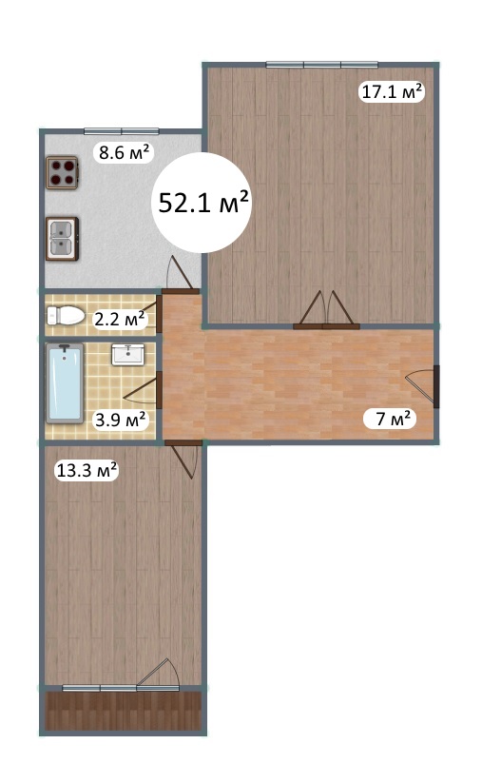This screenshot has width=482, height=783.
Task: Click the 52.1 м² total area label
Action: pyautogui.click(x=203, y=202)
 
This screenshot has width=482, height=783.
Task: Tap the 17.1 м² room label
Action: pyautogui.click(x=392, y=91)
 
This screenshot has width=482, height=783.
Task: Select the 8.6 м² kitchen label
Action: pyautogui.click(x=124, y=152)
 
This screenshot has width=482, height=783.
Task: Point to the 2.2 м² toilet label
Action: pyautogui.click(x=120, y=319)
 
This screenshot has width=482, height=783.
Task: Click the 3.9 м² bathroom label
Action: pyautogui.click(x=121, y=420)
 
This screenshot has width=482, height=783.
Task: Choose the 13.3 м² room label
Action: pyautogui.click(x=87, y=470)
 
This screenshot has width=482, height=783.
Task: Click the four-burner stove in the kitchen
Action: pyautogui.click(x=63, y=172)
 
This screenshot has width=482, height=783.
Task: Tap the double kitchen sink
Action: pyautogui.click(x=63, y=238)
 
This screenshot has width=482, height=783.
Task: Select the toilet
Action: pyautogui.click(x=66, y=316)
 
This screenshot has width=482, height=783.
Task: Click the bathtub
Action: pyautogui.click(x=65, y=383)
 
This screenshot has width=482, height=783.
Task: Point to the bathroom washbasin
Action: pyautogui.click(x=127, y=355)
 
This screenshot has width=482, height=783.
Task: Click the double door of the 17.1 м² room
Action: pyautogui.click(x=326, y=310)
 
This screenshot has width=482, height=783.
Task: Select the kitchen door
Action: pyautogui.click(x=180, y=274)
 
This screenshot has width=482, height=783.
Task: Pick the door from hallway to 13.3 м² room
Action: pyautogui.click(x=184, y=459)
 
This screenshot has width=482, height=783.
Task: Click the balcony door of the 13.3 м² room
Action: pyautogui.click(x=159, y=675)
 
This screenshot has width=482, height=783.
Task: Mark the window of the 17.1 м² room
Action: pyautogui.click(x=322, y=65)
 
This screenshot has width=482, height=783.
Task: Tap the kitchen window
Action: pyautogui.click(x=122, y=131)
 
